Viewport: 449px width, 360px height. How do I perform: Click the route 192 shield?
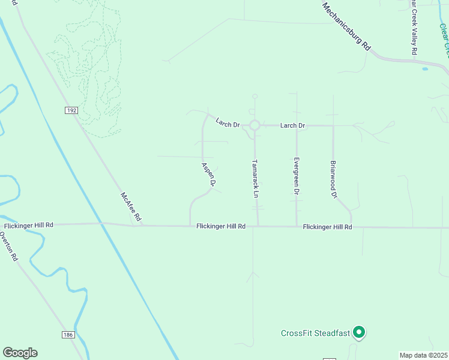tap(71, 110)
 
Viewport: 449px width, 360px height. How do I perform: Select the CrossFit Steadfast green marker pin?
tap(359, 332)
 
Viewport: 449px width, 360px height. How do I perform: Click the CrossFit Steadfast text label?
tap(315, 334)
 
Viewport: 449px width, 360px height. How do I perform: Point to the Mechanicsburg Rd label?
tap(347, 27)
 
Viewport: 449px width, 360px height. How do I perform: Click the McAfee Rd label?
tap(130, 206)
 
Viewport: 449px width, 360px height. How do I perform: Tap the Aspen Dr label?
tap(208, 173)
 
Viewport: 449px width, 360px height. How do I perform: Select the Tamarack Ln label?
tap(255, 179)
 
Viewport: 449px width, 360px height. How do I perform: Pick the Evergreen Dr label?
tap(297, 176)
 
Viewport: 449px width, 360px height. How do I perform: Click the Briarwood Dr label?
tap(334, 179)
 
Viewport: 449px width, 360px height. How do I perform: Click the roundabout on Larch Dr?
tap(255, 125)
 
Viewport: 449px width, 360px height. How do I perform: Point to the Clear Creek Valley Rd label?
tap(414, 28)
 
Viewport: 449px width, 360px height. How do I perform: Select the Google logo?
tap(20, 353)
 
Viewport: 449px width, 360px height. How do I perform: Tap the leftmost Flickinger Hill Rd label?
tap(29, 225)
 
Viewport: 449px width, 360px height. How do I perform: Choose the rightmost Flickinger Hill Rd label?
tap(327, 227)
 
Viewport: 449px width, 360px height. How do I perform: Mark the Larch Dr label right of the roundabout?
tap(293, 125)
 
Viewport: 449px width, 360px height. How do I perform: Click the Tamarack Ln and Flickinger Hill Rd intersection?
tap(258, 226)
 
